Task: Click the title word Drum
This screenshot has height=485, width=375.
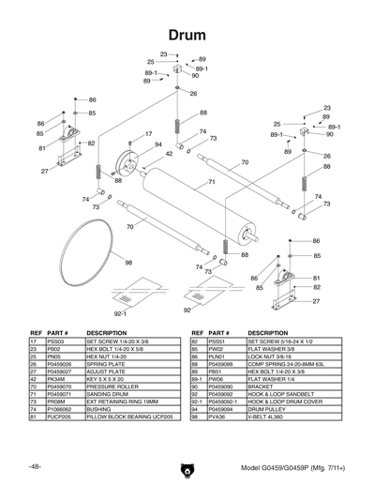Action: [x=187, y=34]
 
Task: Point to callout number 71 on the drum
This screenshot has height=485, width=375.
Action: [x=212, y=182]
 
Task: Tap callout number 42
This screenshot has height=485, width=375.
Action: [x=169, y=154]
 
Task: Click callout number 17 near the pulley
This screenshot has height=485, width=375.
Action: [x=148, y=134]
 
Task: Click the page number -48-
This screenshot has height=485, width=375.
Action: [x=34, y=466]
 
